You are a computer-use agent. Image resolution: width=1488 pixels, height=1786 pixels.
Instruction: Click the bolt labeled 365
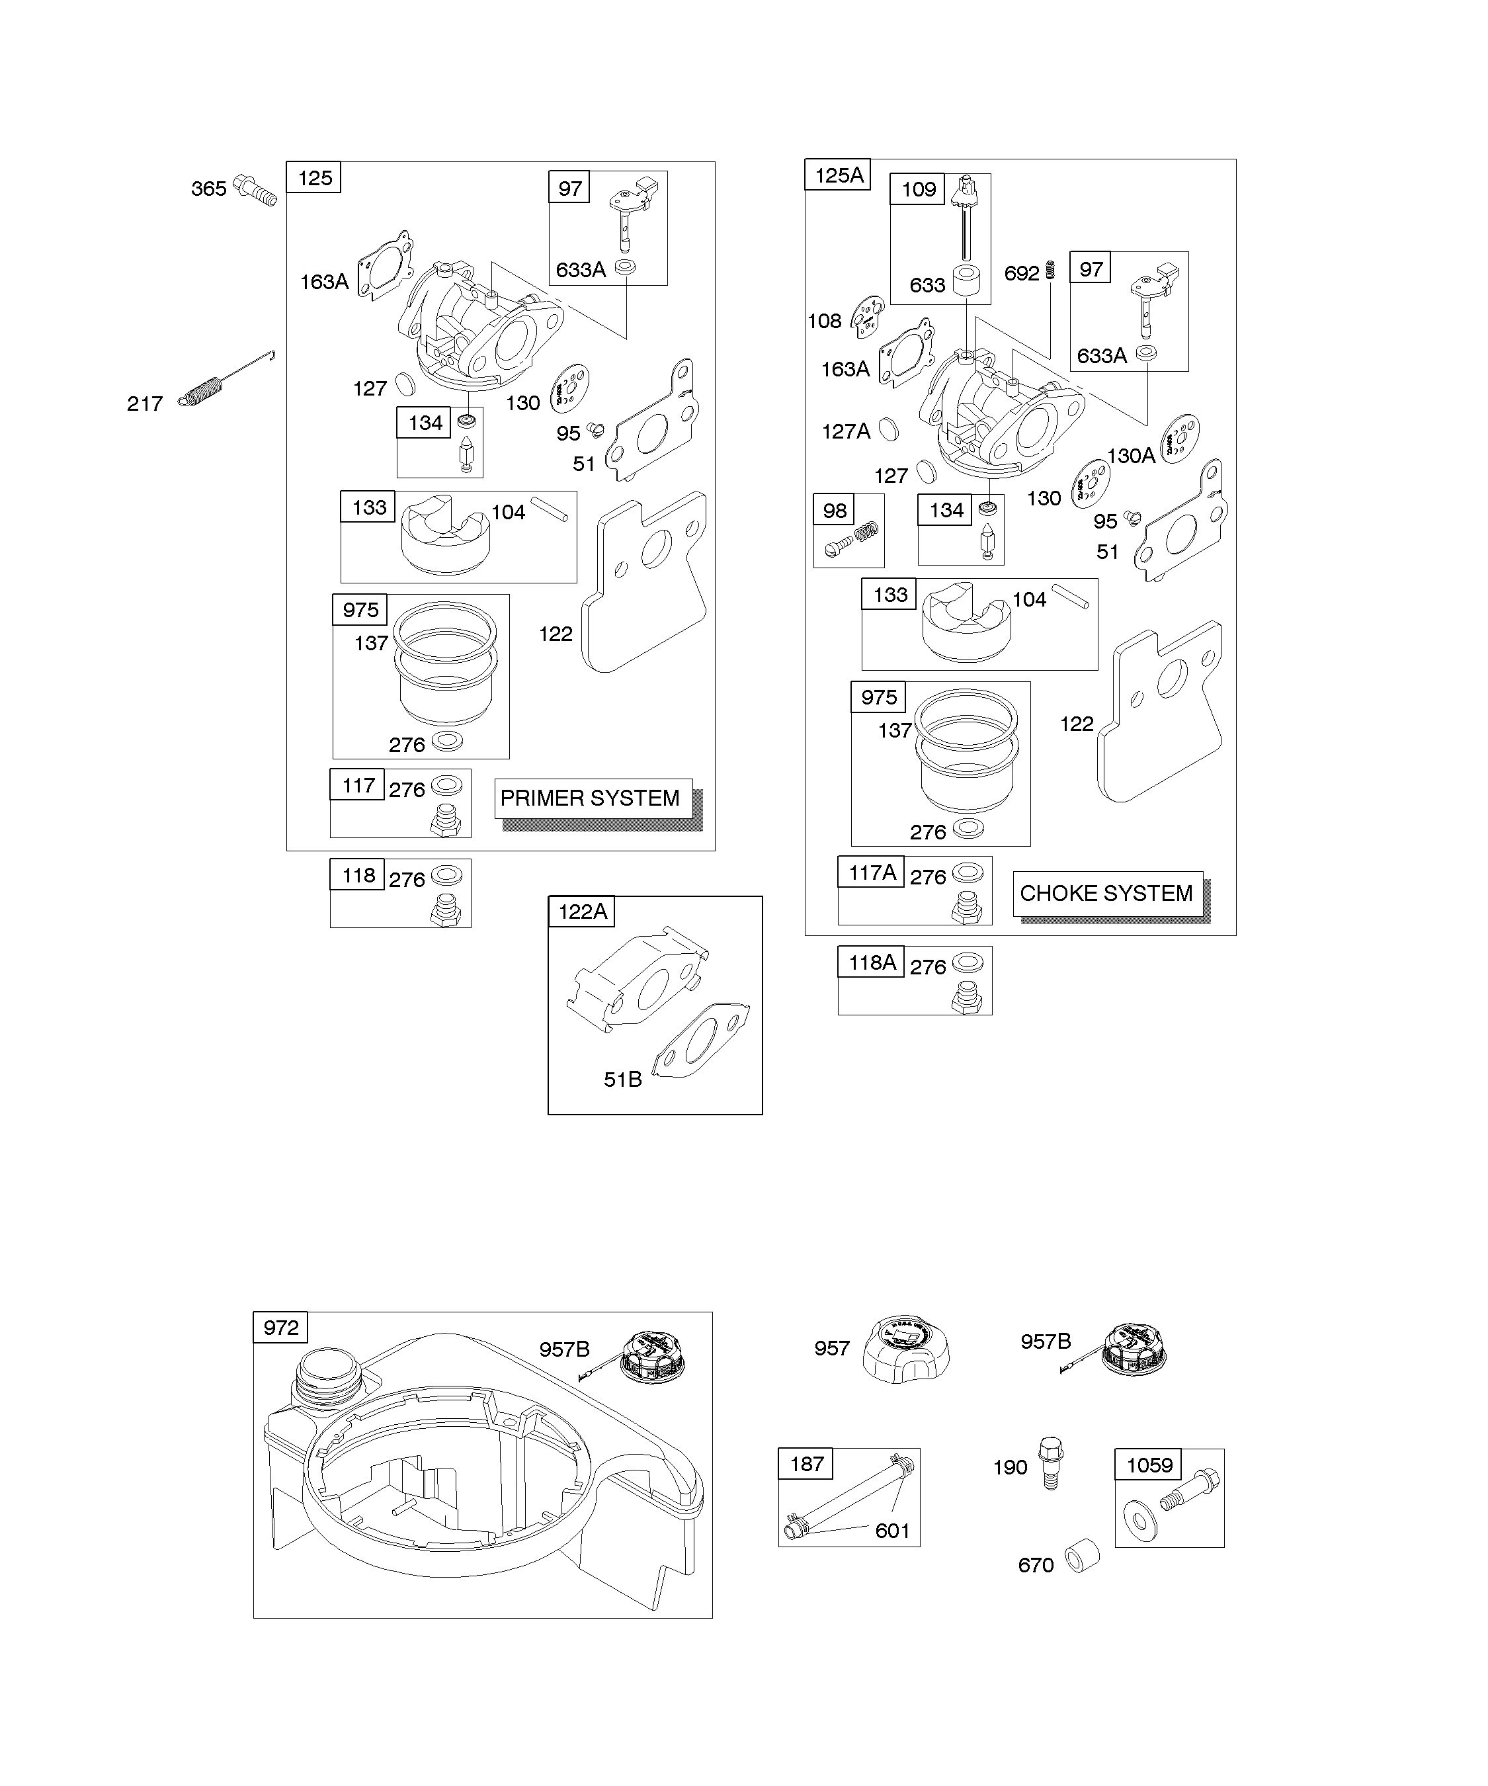click(255, 190)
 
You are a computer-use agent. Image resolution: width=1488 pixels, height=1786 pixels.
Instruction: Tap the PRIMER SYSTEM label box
click(593, 798)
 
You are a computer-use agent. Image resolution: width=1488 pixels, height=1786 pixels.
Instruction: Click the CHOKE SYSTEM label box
click(1107, 893)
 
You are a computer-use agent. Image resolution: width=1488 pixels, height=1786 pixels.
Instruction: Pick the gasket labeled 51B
click(700, 1041)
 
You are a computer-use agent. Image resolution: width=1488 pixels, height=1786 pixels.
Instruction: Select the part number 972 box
click(280, 1328)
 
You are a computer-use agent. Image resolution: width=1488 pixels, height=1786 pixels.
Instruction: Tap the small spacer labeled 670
click(1083, 1556)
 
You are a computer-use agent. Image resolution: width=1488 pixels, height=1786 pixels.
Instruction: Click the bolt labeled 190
click(1051, 1462)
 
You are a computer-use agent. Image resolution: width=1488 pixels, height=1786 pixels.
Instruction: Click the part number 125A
click(839, 175)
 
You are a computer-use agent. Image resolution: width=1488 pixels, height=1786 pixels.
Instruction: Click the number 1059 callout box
click(1149, 1465)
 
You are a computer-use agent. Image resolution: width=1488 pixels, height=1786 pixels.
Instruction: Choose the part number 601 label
click(892, 1531)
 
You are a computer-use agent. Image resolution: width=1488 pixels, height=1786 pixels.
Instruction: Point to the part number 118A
click(872, 962)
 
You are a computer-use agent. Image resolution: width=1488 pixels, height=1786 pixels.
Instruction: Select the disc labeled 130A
click(1179, 439)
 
